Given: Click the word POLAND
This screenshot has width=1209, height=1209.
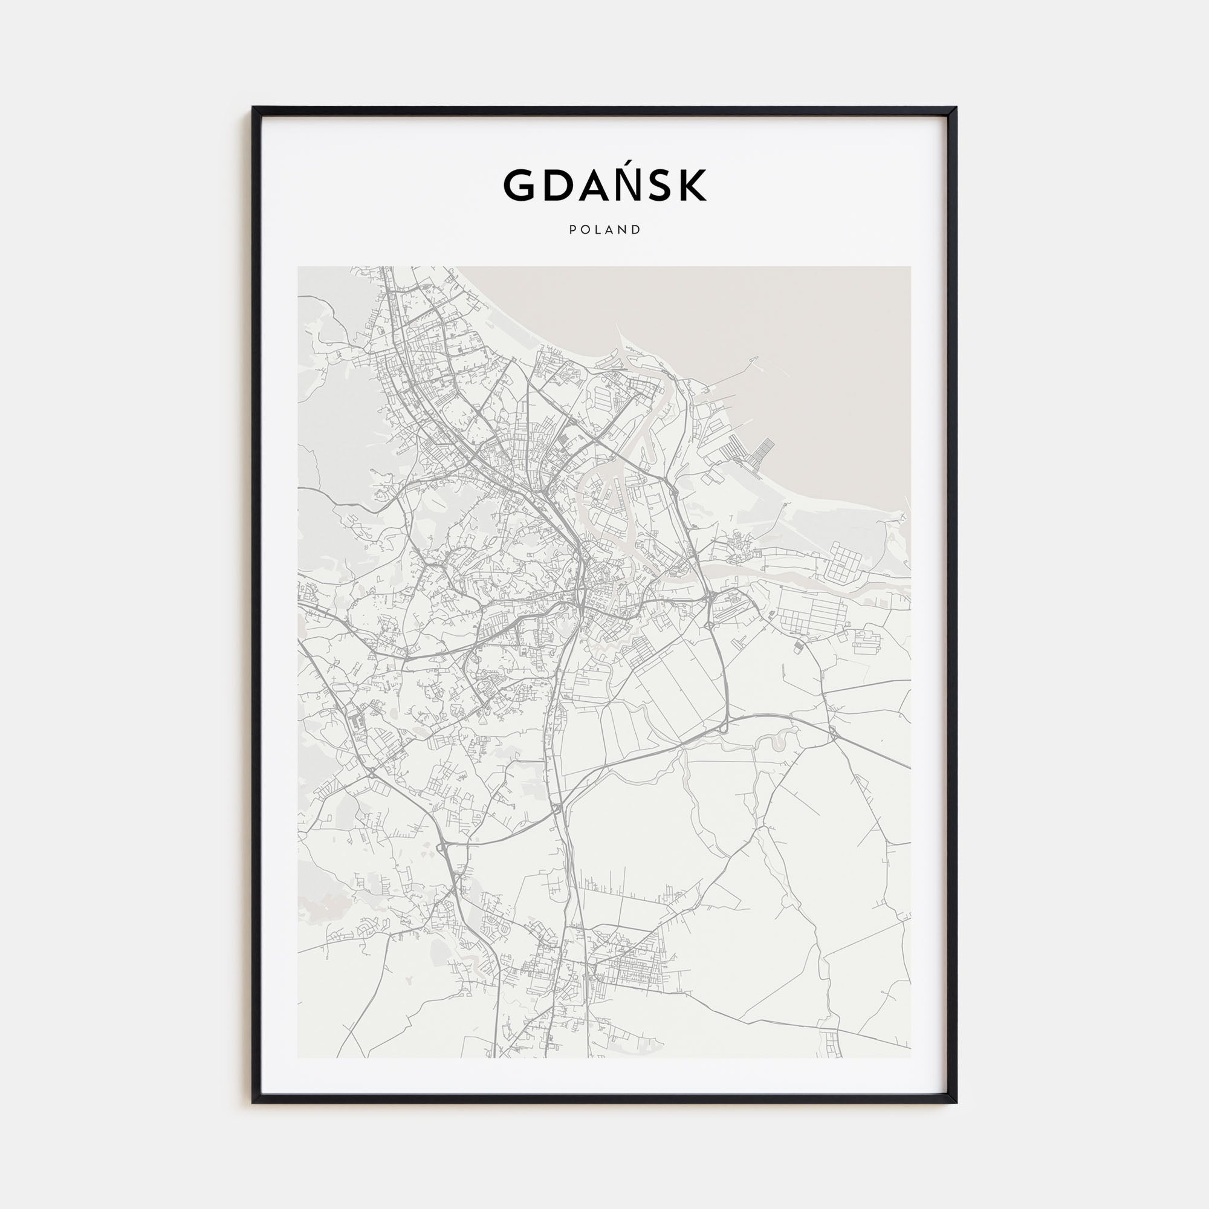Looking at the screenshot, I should coord(604,230).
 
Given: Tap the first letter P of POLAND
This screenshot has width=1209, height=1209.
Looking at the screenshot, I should coord(572,230).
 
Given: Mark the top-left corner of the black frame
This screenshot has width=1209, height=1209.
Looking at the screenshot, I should coord(253,108).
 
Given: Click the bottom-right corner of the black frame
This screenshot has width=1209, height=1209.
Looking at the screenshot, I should coord(956,1103).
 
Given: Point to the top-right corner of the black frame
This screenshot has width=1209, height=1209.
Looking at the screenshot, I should coord(956,108).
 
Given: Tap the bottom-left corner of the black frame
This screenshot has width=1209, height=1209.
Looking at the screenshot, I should coord(253,1103).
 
